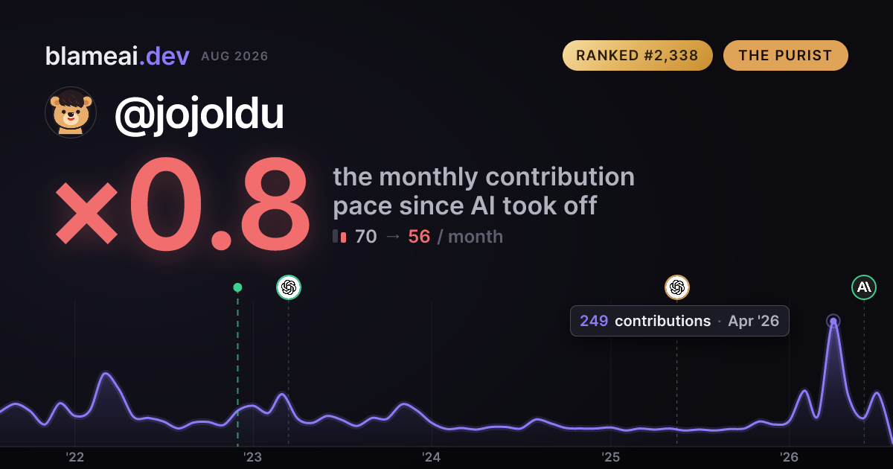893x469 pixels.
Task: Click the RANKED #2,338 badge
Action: pyautogui.click(x=638, y=55)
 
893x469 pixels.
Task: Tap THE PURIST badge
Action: pyautogui.click(x=785, y=55)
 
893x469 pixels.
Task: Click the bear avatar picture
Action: pyautogui.click(x=71, y=112)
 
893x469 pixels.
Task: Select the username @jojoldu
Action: pyautogui.click(x=199, y=114)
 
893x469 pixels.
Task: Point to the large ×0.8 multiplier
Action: pyautogui.click(x=182, y=203)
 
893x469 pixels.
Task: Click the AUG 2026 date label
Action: pyautogui.click(x=234, y=57)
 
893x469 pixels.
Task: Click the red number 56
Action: pyautogui.click(x=419, y=237)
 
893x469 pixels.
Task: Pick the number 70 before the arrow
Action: pyautogui.click(x=365, y=237)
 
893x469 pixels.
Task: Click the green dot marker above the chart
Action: pyautogui.click(x=237, y=287)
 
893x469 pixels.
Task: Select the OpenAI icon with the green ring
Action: pyautogui.click(x=289, y=287)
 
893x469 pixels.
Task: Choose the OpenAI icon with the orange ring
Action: pyautogui.click(x=677, y=287)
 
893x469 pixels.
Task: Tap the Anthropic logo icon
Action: pyautogui.click(x=864, y=287)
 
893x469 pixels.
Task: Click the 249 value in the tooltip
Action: pyautogui.click(x=594, y=321)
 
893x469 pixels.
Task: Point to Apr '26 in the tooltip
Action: pyautogui.click(x=753, y=321)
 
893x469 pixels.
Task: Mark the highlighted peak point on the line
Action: pyautogui.click(x=833, y=321)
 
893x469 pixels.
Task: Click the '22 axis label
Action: pyautogui.click(x=74, y=457)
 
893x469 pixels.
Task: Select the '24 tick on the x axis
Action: pyautogui.click(x=432, y=457)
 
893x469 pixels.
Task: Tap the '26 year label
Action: pyautogui.click(x=789, y=457)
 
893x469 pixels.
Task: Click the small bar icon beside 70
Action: pyautogui.click(x=339, y=236)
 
